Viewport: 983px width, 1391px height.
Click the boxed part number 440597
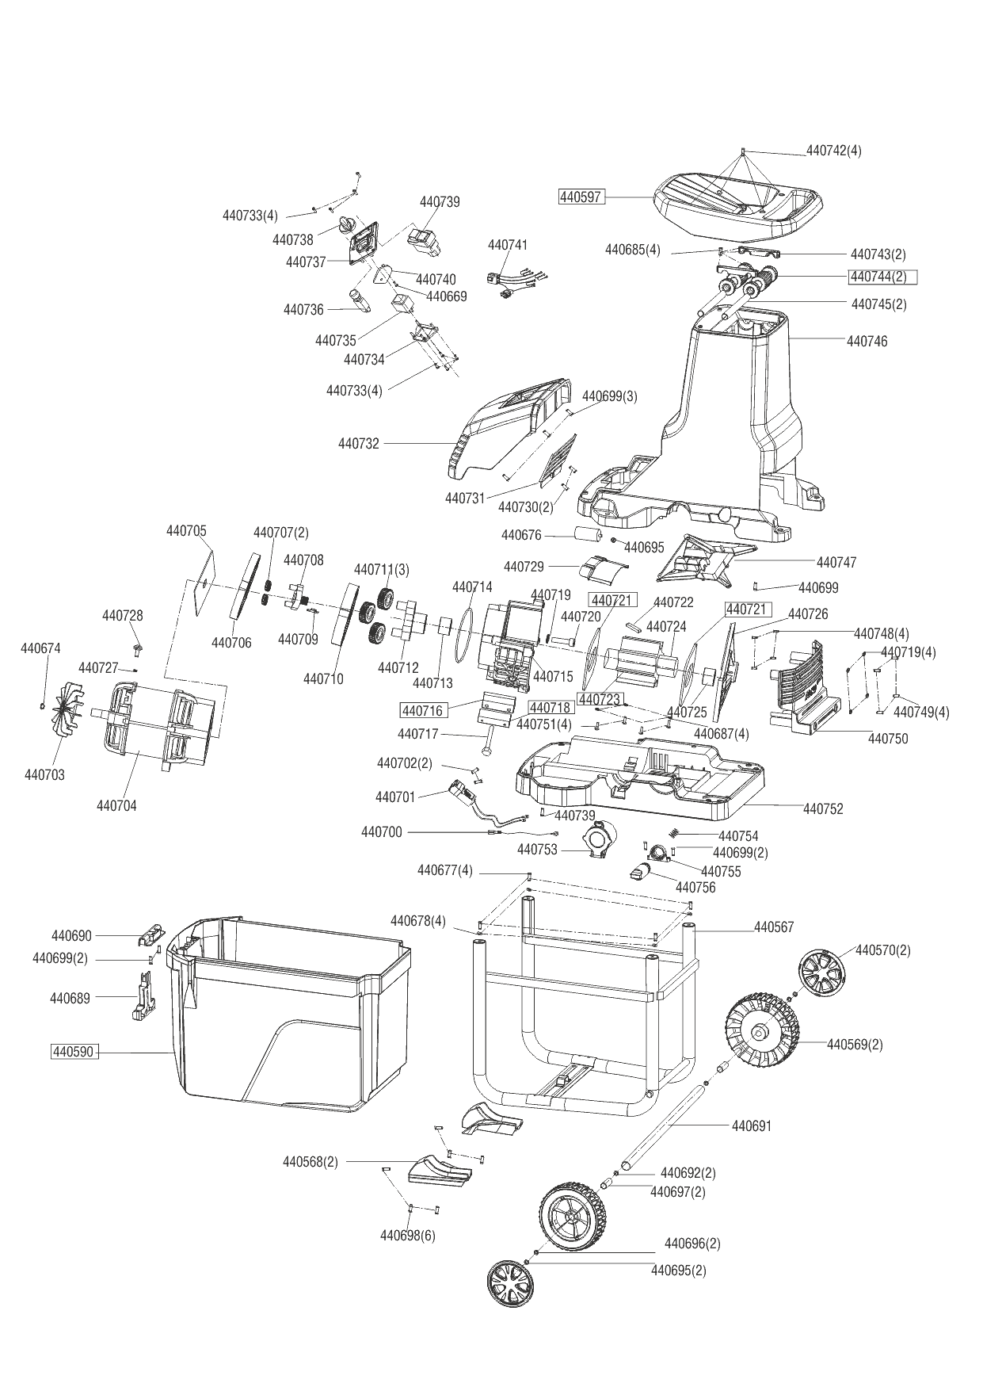click(x=581, y=197)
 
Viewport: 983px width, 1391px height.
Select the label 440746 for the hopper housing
click(x=867, y=342)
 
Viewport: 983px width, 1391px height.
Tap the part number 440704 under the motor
click(x=116, y=806)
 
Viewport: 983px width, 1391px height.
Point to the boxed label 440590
click(x=73, y=1053)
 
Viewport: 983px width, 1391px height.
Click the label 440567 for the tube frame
click(x=773, y=927)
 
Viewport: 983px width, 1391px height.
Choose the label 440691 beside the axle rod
click(x=751, y=1125)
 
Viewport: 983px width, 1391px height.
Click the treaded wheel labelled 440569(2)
click(x=762, y=1030)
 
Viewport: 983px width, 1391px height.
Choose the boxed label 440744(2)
click(x=882, y=277)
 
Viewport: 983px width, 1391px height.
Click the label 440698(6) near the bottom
click(x=407, y=1236)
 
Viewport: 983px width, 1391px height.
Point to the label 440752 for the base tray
click(x=823, y=809)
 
